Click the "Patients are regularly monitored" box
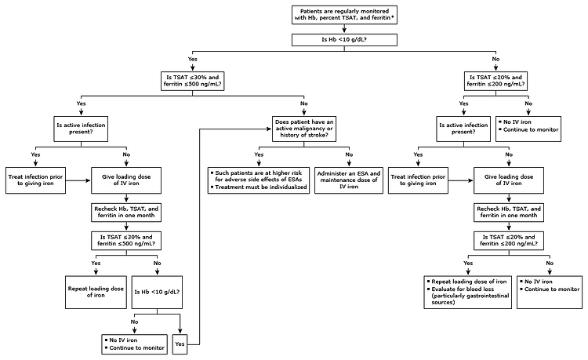(x=344, y=15)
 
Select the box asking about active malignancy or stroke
(x=303, y=129)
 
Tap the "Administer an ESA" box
(x=349, y=180)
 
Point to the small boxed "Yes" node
(x=180, y=344)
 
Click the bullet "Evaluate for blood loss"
(x=463, y=289)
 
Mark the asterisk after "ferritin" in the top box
(x=392, y=17)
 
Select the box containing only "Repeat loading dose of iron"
(x=96, y=292)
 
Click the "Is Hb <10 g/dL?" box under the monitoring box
(x=344, y=40)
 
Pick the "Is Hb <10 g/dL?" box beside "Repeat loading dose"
(x=157, y=292)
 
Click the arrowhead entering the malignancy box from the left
(x=269, y=129)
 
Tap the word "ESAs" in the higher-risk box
(x=295, y=180)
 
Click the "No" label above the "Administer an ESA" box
(x=349, y=155)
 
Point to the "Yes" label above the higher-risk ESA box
(x=259, y=155)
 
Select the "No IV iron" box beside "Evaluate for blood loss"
(x=550, y=292)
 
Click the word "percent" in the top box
(x=329, y=17)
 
